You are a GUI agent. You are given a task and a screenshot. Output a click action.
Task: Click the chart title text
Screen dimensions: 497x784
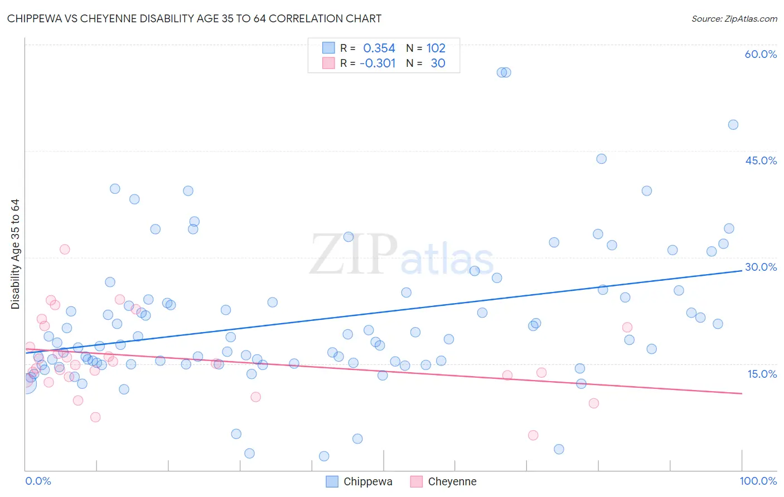[x=194, y=18]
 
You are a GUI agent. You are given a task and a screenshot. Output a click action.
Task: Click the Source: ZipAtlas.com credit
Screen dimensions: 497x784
[x=734, y=18]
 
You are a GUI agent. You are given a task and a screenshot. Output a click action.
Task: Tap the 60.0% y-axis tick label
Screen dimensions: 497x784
[x=761, y=54]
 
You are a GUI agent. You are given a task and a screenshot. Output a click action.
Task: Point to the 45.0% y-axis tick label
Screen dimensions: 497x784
[x=761, y=160]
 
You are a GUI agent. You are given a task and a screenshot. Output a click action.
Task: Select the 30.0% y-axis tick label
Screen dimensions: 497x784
[x=761, y=267]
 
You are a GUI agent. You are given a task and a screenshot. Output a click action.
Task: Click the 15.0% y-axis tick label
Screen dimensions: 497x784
[x=762, y=374]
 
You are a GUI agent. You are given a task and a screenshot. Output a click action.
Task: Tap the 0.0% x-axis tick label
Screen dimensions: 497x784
[x=38, y=481]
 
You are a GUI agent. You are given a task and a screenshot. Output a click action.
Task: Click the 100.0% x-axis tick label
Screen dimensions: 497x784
[x=758, y=481]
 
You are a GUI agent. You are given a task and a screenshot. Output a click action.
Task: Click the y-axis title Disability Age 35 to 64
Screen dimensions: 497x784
[x=15, y=254]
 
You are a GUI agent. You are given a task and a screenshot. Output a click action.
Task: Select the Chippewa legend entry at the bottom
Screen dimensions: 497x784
[x=360, y=481]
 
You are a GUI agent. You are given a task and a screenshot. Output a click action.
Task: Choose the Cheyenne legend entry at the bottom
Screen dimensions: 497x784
[x=444, y=481]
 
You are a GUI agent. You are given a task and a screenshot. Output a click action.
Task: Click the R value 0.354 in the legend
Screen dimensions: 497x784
[x=379, y=48]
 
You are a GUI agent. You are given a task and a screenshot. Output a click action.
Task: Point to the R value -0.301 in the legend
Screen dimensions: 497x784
[x=378, y=64]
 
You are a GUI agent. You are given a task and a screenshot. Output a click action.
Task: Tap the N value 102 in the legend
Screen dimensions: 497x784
[x=436, y=48]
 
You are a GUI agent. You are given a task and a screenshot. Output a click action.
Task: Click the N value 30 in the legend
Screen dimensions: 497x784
[x=438, y=64]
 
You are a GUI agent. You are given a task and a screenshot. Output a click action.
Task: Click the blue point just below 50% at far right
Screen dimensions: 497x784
[x=733, y=125]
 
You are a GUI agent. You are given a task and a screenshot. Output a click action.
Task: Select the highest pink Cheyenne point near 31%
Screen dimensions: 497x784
[x=65, y=249]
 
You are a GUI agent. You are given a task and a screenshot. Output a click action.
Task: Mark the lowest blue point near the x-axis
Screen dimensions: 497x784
[x=324, y=456]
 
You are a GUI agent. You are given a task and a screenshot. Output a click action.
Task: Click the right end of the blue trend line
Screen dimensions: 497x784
[x=742, y=270]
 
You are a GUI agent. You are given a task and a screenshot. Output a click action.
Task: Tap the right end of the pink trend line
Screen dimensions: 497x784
[x=742, y=393]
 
